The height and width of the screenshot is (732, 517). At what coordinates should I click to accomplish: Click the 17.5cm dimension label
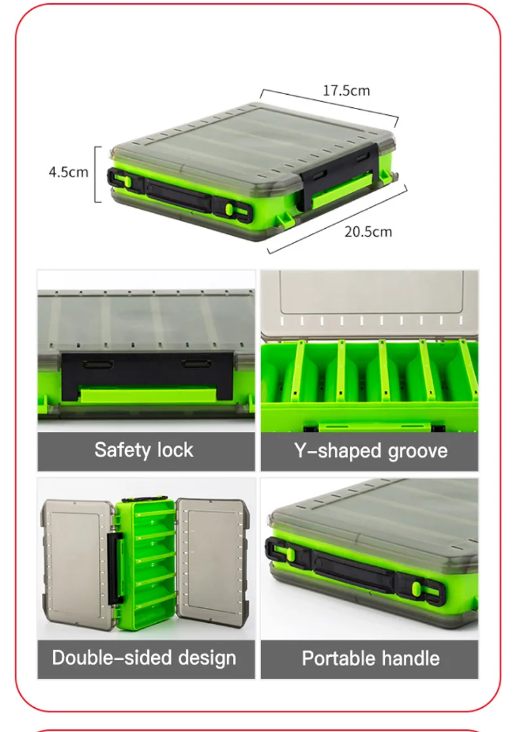pos(346,90)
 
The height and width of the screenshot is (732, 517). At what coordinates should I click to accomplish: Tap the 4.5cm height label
pos(69,172)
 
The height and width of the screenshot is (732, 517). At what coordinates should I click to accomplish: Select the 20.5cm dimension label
pos(368,231)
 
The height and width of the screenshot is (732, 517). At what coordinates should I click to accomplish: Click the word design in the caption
pos(207,658)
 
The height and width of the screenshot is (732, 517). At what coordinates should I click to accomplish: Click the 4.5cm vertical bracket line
pos(96,174)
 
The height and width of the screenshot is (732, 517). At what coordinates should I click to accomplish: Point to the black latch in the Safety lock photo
pos(147,376)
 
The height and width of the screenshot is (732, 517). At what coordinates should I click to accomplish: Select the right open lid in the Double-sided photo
pos(211,564)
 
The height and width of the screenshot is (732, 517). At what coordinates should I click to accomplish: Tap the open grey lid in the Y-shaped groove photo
pos(369,303)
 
